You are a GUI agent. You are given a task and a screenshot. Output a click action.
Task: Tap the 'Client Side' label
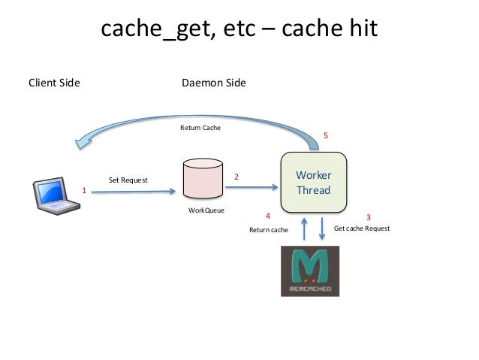pos(54,83)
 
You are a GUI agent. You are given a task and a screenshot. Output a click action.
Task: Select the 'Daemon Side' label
pos(213,83)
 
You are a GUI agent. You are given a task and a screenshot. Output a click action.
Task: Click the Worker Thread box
pos(313,183)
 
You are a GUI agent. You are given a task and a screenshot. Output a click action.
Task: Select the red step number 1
pos(84,191)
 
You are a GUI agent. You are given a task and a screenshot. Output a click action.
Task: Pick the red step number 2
pos(236,177)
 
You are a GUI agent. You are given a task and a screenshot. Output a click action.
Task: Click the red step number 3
pos(368,218)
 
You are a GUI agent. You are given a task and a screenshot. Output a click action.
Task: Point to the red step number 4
pos(268,216)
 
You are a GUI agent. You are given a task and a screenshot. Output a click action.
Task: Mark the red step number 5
pos(325,135)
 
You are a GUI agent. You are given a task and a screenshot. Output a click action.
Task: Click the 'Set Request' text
pos(128,180)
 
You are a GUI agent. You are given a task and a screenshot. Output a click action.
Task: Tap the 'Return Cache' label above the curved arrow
pos(200,128)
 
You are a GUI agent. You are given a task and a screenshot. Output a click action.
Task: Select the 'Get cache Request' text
pos(362,228)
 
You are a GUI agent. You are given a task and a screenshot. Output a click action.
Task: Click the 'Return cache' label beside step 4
pos(269,230)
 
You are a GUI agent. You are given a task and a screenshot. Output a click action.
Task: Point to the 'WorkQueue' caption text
pos(206,210)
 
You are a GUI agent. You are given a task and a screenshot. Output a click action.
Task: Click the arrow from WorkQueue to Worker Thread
pos(252,184)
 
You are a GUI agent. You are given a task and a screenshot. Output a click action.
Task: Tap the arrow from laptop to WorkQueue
pos(135,192)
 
